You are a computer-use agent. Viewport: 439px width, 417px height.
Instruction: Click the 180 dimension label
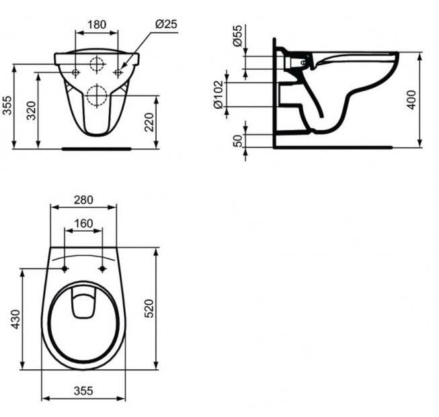click(x=97, y=25)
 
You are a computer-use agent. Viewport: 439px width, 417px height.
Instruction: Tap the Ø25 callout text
click(x=166, y=24)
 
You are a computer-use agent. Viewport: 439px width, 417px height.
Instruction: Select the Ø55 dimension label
click(x=237, y=36)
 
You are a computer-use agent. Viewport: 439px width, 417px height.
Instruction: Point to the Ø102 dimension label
click(x=218, y=95)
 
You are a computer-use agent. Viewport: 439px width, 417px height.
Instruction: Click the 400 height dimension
click(x=411, y=100)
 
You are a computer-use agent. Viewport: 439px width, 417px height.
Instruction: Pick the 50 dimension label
click(x=238, y=141)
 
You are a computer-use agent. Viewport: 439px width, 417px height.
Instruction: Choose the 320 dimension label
click(x=32, y=111)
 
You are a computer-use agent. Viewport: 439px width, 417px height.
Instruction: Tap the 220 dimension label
click(x=149, y=122)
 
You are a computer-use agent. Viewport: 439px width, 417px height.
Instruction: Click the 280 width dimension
click(x=83, y=200)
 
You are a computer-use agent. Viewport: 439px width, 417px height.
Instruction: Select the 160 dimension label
click(x=83, y=224)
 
